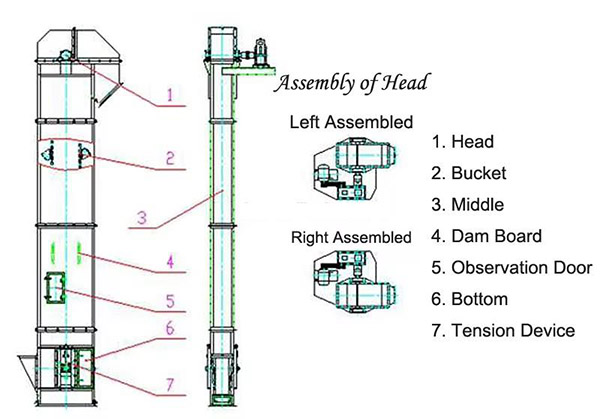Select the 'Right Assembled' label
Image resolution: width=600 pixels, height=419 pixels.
pyautogui.click(x=350, y=238)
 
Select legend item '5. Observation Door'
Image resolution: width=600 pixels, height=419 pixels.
pyautogui.click(x=514, y=267)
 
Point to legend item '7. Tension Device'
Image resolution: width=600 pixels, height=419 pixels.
pyautogui.click(x=503, y=330)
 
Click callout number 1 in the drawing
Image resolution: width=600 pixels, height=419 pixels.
pyautogui.click(x=170, y=96)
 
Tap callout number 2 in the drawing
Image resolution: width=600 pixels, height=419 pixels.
pyautogui.click(x=170, y=158)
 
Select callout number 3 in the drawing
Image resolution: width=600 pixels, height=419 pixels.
pyautogui.click(x=142, y=217)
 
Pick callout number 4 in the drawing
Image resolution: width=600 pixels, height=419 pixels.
pyautogui.click(x=170, y=264)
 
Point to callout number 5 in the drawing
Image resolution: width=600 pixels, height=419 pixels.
pyautogui.click(x=170, y=297)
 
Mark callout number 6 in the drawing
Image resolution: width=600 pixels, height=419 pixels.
pyautogui.click(x=170, y=327)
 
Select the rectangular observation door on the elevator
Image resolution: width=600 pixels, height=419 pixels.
pyautogui.click(x=55, y=289)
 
